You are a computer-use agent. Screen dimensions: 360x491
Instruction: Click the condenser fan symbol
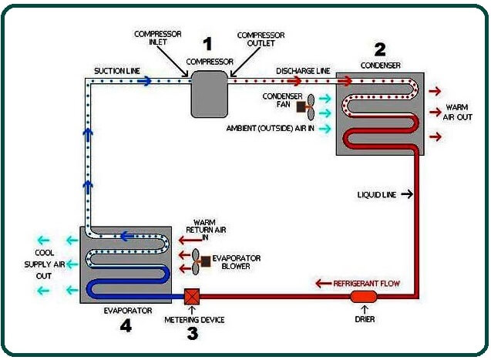click(x=306, y=105)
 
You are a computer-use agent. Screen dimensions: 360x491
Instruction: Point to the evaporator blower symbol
click(x=202, y=261)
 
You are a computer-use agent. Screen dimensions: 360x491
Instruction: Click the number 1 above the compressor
click(x=206, y=43)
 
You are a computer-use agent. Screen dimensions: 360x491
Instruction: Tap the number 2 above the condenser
click(x=379, y=49)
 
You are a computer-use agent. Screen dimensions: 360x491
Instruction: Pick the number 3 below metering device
click(x=192, y=333)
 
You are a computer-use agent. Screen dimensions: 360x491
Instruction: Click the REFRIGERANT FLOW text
click(x=367, y=284)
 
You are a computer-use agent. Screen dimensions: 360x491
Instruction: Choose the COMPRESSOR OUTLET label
click(x=261, y=39)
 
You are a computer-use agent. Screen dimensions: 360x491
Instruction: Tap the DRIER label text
click(x=365, y=318)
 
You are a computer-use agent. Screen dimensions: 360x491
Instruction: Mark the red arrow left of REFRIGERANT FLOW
click(x=322, y=284)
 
